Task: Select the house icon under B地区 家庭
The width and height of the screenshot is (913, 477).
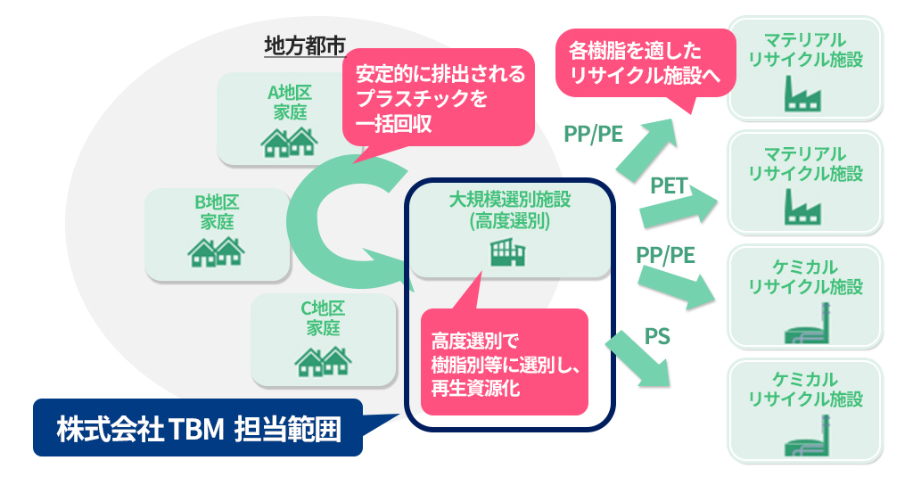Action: pyautogui.click(x=216, y=251)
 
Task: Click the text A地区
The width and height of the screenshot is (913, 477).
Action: pyautogui.click(x=288, y=92)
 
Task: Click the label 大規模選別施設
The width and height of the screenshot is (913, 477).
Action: pyautogui.click(x=508, y=200)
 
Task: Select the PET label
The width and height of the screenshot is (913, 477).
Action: pyautogui.click(x=668, y=185)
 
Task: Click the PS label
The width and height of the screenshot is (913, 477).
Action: pyautogui.click(x=656, y=336)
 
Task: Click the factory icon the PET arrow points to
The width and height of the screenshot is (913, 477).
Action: pyautogui.click(x=804, y=207)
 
